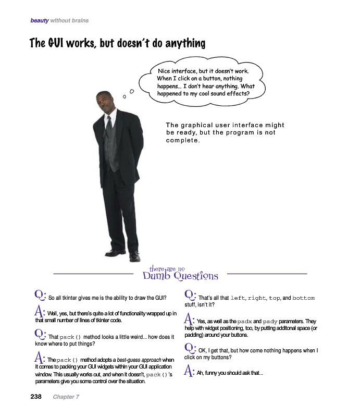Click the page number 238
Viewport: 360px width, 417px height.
pyautogui.click(x=36, y=397)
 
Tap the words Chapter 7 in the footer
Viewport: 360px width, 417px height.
pyautogui.click(x=66, y=397)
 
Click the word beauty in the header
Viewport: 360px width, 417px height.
pyautogui.click(x=40, y=21)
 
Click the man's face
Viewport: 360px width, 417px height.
pyautogui.click(x=106, y=103)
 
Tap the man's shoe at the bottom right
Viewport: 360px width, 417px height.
pyautogui.click(x=134, y=256)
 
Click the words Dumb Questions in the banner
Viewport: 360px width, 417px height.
pyautogui.click(x=180, y=276)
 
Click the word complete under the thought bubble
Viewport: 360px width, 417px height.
pyautogui.click(x=183, y=140)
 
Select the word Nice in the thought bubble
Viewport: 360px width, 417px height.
pyautogui.click(x=167, y=71)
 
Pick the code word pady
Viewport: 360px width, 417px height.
pyautogui.click(x=270, y=322)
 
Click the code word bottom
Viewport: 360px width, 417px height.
pyautogui.click(x=303, y=298)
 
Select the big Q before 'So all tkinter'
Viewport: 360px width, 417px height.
pyautogui.click(x=40, y=295)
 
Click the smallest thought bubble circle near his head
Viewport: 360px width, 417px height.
pyautogui.click(x=124, y=96)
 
